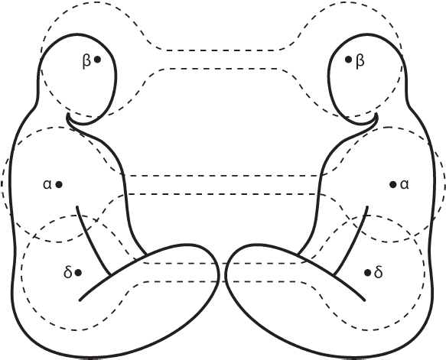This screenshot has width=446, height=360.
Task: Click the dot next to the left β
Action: point(97,60)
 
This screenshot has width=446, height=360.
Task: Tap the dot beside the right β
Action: point(348,60)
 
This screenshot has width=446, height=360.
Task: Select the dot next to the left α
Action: point(59,185)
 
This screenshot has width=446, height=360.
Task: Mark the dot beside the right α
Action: point(392,185)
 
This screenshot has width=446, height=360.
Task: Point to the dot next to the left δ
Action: point(78,273)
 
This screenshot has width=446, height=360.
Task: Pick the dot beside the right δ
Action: point(367,273)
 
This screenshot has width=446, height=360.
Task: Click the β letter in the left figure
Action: point(86,61)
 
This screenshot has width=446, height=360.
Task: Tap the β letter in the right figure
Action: point(360,61)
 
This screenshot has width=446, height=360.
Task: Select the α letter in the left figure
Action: point(47,185)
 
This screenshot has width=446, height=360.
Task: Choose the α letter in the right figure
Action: point(405,185)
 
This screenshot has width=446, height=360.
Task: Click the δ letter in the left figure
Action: point(67,272)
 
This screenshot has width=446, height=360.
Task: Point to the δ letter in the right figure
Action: point(379,272)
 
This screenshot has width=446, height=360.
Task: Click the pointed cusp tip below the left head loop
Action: point(68,114)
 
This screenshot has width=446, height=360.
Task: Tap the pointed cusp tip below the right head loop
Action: point(377,114)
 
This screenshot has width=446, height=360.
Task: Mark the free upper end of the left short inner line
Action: point(77,207)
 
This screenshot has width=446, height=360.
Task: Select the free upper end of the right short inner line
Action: point(368,207)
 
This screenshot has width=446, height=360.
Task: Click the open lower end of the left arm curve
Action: point(80,300)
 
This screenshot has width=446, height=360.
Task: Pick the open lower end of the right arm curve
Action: point(364,300)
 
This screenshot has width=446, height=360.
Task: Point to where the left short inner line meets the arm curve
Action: point(111,275)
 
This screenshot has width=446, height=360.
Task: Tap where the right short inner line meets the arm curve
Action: point(334,275)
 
